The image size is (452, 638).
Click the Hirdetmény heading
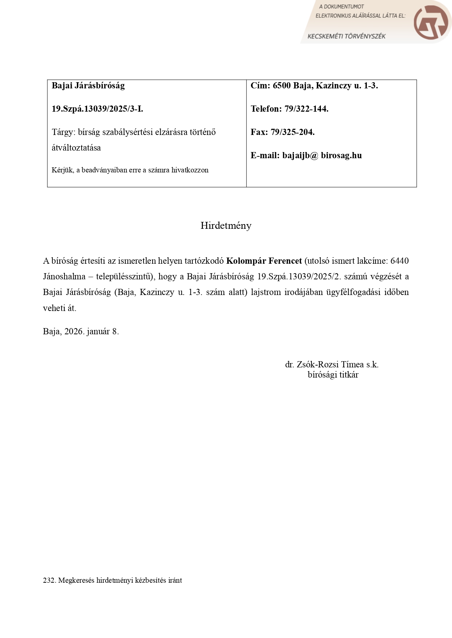pyautogui.click(x=226, y=226)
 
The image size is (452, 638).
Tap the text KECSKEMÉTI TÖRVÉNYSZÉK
pyautogui.click(x=346, y=36)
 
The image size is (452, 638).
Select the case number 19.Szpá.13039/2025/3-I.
pyautogui.click(x=97, y=109)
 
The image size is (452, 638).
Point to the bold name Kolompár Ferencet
pyautogui.click(x=264, y=261)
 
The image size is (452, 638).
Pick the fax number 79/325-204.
pyautogui.click(x=292, y=132)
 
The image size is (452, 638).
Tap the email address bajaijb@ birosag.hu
pyautogui.click(x=322, y=155)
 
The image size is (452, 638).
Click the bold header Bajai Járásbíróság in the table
pyautogui.click(x=88, y=86)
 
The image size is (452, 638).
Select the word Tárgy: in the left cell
pyautogui.click(x=63, y=132)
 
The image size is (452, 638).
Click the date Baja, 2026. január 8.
pyautogui.click(x=81, y=331)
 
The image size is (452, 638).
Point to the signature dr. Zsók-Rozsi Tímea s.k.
pyautogui.click(x=331, y=364)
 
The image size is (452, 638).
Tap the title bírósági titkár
pyautogui.click(x=333, y=375)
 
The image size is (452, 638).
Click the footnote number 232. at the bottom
pyautogui.click(x=49, y=581)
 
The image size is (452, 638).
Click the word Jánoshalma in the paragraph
pyautogui.click(x=64, y=277)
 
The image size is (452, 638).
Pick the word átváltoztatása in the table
pyautogui.click(x=76, y=148)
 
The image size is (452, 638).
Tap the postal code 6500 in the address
pyautogui.click(x=282, y=86)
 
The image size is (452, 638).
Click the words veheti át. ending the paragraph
pyautogui.click(x=59, y=308)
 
